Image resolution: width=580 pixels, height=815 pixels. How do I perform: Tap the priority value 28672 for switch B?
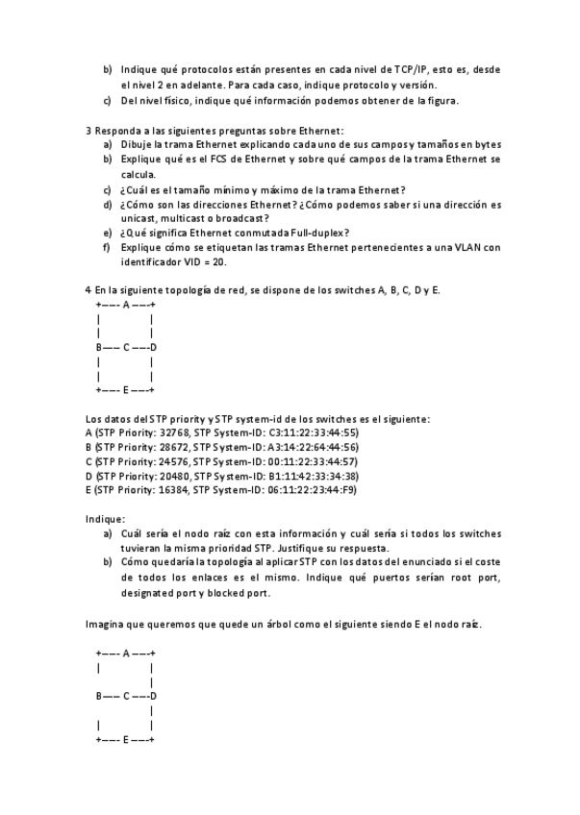click(174, 447)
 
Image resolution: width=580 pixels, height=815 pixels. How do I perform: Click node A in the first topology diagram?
click(125, 305)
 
